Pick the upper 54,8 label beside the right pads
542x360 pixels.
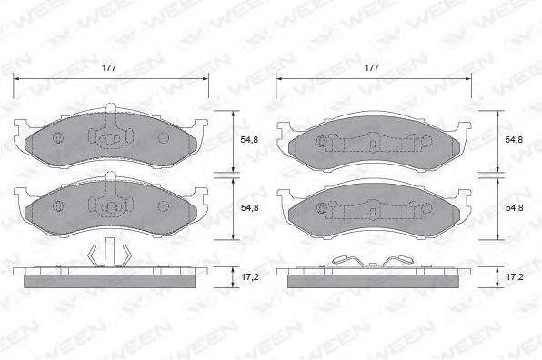514,139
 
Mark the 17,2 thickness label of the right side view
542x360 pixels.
514,274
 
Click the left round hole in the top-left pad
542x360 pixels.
56,138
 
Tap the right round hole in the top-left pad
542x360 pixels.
164,138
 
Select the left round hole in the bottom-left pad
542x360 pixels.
56,205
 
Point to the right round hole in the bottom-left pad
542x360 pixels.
164,205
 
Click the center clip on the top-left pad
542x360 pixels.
109,137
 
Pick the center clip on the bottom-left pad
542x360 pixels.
109,205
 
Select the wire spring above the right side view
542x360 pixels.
371,262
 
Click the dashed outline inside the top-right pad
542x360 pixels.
371,143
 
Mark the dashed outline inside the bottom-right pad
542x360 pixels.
371,208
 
